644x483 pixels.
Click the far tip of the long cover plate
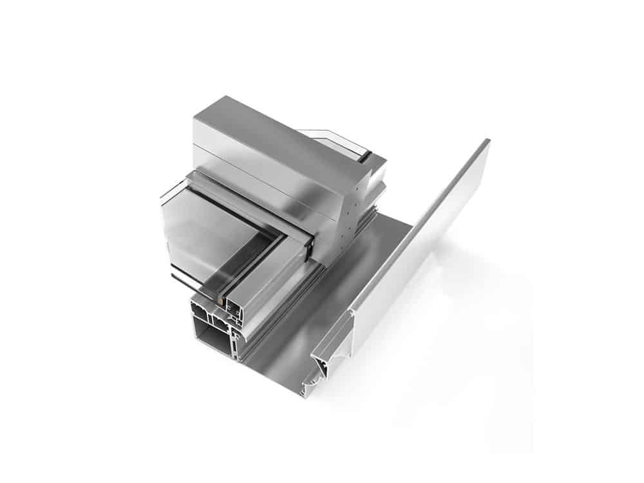[x=486, y=142]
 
